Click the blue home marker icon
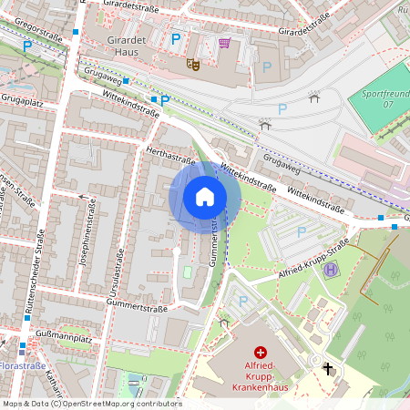point(205,196)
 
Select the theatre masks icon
point(192,64)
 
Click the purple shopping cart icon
point(224,44)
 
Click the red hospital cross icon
point(261,352)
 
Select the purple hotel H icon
point(331,268)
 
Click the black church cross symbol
point(328,368)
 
